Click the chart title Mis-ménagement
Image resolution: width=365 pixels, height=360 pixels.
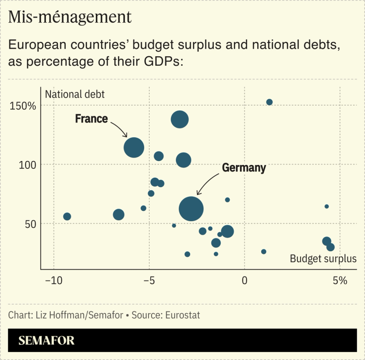[x=70, y=18]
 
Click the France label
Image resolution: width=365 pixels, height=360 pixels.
[x=91, y=119]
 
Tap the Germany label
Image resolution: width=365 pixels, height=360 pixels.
[x=243, y=168]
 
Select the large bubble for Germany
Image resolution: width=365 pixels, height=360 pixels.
[x=191, y=208]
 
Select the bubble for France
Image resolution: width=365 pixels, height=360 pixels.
[x=134, y=147]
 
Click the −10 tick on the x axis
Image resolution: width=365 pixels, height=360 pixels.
[x=53, y=280]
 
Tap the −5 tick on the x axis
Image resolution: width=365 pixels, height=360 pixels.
[x=149, y=280]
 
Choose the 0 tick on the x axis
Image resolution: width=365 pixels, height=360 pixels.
[x=244, y=280]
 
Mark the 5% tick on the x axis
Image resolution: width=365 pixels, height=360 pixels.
[x=340, y=280]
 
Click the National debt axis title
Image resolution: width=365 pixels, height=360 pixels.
[x=75, y=94]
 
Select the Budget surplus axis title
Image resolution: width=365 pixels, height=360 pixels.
[x=323, y=259]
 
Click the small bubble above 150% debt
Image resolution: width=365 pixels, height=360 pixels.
[x=269, y=102]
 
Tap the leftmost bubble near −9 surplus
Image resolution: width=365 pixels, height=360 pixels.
[x=67, y=216]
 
